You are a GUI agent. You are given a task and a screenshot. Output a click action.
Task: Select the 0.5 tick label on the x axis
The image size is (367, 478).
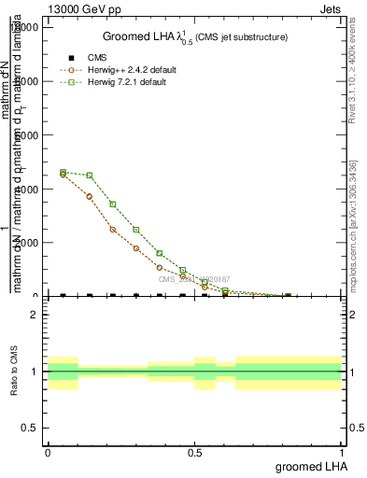click(x=194, y=452)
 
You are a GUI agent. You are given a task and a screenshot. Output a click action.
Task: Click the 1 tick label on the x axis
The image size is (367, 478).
click(x=342, y=452)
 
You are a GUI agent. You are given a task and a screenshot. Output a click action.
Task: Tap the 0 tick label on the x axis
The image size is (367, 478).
click(x=48, y=452)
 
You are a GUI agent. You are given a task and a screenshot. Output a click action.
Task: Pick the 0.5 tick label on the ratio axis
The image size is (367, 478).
click(x=30, y=428)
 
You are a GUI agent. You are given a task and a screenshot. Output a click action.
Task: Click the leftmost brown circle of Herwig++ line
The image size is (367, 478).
click(x=63, y=175)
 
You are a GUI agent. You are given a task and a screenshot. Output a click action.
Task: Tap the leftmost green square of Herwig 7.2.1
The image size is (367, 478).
click(x=63, y=172)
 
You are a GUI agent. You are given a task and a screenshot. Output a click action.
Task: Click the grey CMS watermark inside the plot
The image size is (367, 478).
click(x=193, y=279)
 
